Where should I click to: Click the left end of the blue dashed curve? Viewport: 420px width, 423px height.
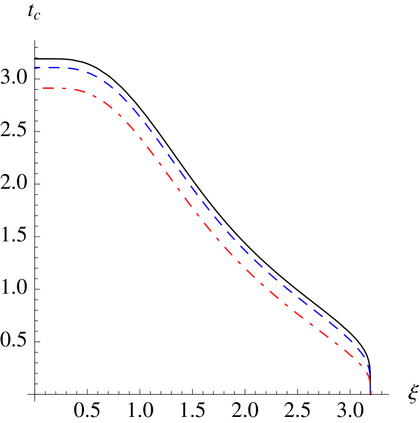[35, 67]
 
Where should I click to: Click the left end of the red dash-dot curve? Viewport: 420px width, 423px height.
[43, 88]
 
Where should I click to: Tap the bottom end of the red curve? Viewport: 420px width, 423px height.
[370, 394]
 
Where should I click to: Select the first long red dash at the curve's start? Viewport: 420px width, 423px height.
[49, 88]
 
